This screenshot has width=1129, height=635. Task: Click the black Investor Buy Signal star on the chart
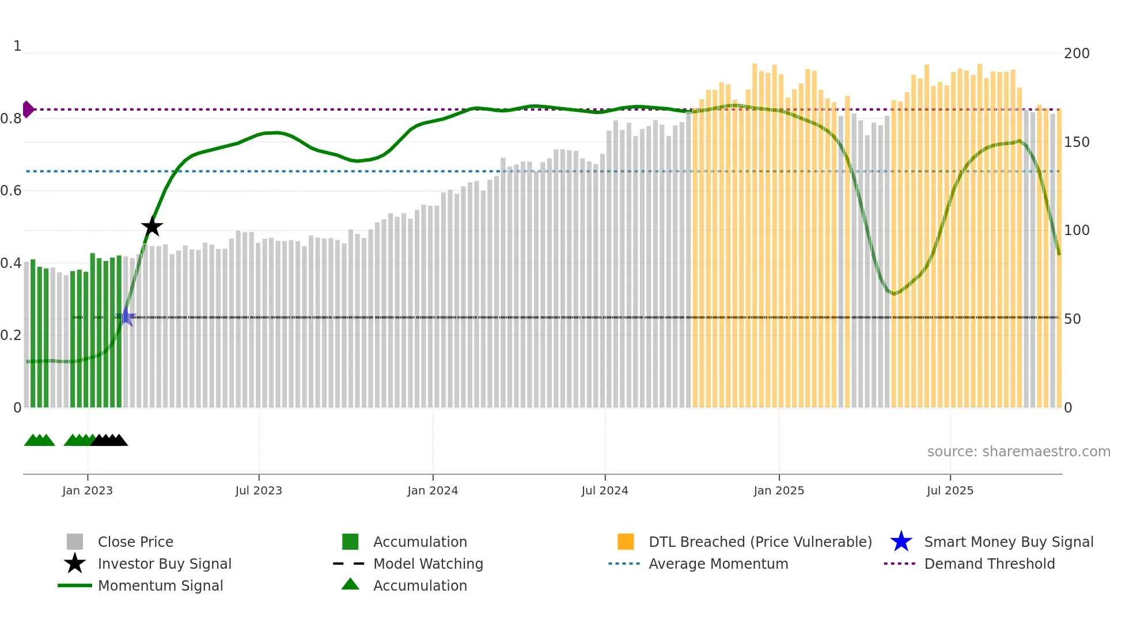(x=152, y=226)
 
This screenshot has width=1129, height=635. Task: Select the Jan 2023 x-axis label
(x=88, y=490)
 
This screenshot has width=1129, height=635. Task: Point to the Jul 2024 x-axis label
(x=605, y=490)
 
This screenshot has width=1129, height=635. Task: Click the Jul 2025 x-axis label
(x=950, y=490)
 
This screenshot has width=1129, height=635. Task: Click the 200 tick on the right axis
(x=1077, y=54)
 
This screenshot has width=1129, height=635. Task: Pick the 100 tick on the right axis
(x=1077, y=230)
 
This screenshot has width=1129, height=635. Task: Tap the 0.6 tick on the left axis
(x=12, y=191)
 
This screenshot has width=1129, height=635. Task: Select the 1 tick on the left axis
(x=17, y=46)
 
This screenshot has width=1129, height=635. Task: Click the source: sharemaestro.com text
(x=1018, y=452)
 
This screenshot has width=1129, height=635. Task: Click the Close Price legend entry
(x=135, y=542)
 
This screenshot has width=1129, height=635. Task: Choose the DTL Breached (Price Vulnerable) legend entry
(x=760, y=542)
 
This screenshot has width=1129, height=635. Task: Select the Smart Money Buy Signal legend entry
(x=1008, y=542)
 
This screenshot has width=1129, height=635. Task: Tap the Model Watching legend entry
(x=428, y=564)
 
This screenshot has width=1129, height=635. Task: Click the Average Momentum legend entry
(x=718, y=564)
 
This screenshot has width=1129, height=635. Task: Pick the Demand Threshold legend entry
(x=989, y=564)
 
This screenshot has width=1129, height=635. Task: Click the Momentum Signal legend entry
(x=160, y=585)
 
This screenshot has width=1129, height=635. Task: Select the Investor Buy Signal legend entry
(x=164, y=564)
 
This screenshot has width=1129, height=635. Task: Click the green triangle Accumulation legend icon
(x=350, y=584)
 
